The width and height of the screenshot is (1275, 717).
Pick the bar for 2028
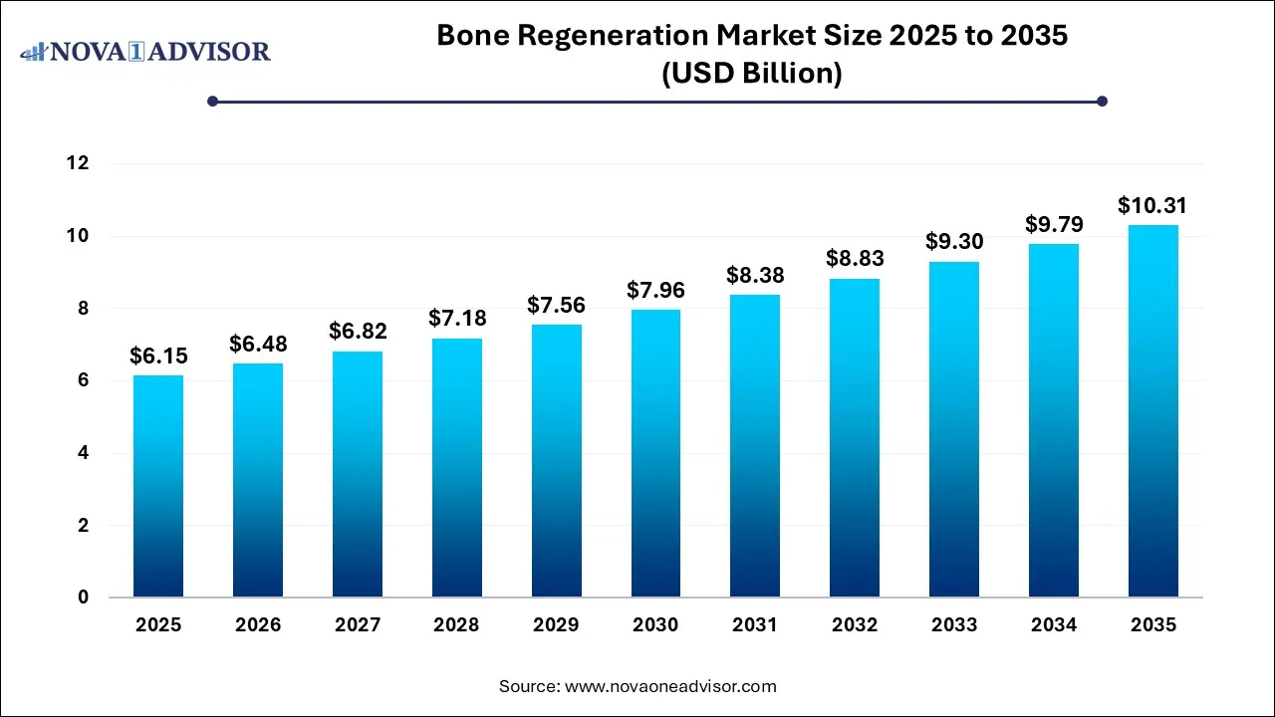pos(456,468)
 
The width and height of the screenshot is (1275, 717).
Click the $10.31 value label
pos(1153,206)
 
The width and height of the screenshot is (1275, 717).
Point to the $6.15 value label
pos(158,357)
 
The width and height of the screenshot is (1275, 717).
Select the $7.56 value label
pos(556,306)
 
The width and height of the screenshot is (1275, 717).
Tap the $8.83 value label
pos(855,260)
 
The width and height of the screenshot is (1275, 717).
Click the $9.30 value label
pos(954,243)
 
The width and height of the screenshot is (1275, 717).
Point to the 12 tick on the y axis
pos(78,163)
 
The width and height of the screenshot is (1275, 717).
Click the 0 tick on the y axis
pos(84,597)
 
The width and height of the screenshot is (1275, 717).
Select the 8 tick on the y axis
pos(84,309)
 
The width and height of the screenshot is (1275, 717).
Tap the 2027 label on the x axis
pos(357,625)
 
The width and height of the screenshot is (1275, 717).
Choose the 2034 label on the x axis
pos(1054,625)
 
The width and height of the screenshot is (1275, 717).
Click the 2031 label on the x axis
pos(755,625)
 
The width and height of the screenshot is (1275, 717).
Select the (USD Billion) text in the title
pos(752,74)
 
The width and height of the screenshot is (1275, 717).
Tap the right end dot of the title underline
pos(1102,101)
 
